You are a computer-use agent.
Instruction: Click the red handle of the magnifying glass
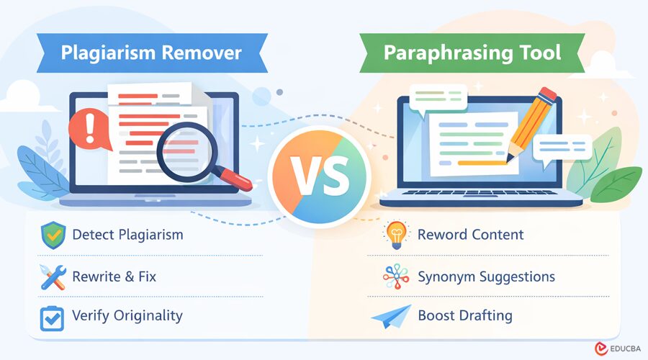click(x=235, y=181)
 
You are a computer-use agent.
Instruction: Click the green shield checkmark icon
click(x=53, y=235)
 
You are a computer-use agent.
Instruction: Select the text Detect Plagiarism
click(x=128, y=235)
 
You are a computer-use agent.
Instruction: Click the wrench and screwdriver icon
click(x=53, y=276)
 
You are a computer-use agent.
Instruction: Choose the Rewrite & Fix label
click(x=114, y=276)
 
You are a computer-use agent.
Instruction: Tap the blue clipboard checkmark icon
click(x=53, y=317)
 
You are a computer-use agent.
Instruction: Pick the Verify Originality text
click(x=127, y=315)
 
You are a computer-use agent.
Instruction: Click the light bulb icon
click(x=396, y=235)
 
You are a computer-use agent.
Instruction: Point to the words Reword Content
click(x=471, y=235)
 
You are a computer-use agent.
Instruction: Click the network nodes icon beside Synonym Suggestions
click(x=396, y=276)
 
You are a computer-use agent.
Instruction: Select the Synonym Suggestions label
click(x=486, y=276)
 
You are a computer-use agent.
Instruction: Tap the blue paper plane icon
click(x=395, y=316)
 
